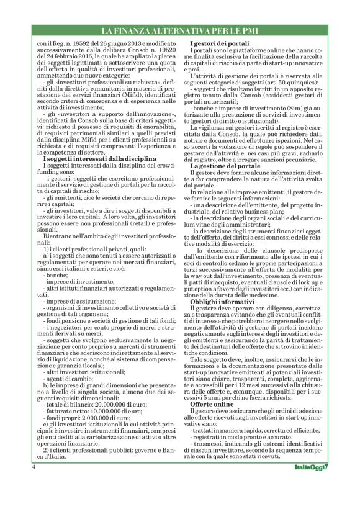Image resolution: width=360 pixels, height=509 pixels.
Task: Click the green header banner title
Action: point(179,30)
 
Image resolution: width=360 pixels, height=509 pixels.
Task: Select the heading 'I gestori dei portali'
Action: point(223,41)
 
